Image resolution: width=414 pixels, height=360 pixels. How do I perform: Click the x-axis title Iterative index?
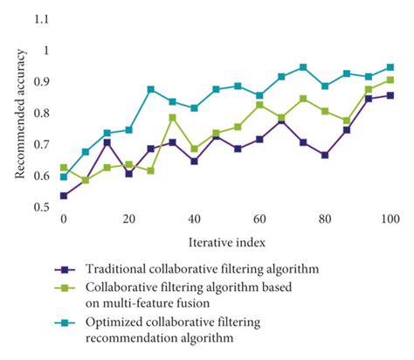point(226,240)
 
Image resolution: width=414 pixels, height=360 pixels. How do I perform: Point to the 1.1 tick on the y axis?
point(40,18)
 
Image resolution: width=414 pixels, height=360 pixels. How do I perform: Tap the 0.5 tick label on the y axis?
point(40,208)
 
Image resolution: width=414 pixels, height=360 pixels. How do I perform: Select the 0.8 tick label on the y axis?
point(40,114)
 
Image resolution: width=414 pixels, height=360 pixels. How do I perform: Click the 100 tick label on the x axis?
point(390,219)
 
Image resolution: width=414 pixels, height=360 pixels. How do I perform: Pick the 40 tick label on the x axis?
point(194,219)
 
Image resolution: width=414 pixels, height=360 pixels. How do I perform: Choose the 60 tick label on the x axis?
point(259,219)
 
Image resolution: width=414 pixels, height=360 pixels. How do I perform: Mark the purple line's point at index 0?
point(63,196)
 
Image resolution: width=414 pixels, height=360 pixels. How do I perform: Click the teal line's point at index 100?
point(390,66)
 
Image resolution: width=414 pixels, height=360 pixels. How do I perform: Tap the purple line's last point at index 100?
point(390,95)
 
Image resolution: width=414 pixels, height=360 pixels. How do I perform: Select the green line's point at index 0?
point(63,167)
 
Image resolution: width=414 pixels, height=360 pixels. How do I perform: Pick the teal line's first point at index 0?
point(63,177)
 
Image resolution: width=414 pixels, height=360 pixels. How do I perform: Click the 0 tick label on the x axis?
point(63,219)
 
